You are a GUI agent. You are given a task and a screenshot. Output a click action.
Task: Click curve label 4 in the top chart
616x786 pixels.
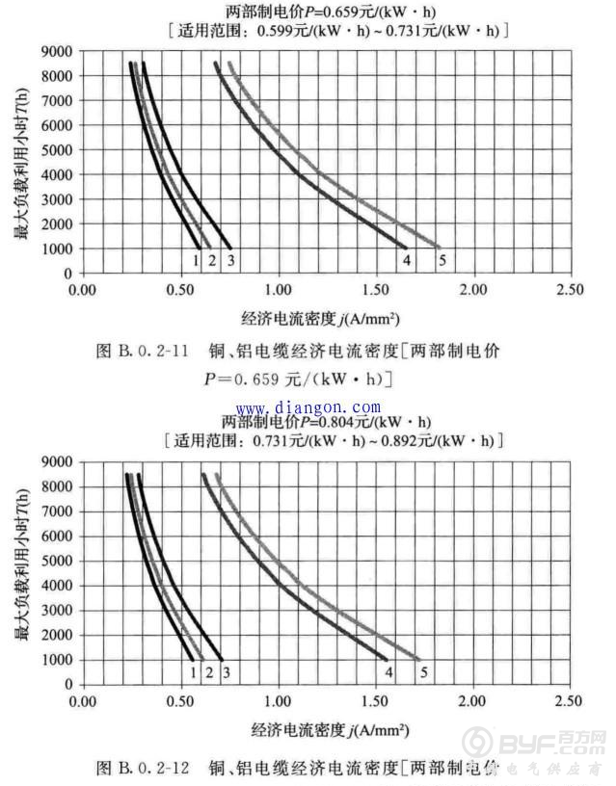click(x=406, y=259)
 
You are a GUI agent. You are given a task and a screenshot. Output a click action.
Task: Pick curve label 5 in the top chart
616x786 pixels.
click(x=442, y=259)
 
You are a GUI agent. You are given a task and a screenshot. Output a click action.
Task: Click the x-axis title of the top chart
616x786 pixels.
click(x=322, y=317)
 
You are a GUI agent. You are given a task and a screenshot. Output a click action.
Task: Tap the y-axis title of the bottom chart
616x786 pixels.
click(x=23, y=561)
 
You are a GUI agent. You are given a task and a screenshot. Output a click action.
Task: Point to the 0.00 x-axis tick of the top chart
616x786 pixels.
click(x=84, y=289)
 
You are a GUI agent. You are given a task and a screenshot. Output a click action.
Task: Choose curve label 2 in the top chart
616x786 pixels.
click(x=212, y=259)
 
